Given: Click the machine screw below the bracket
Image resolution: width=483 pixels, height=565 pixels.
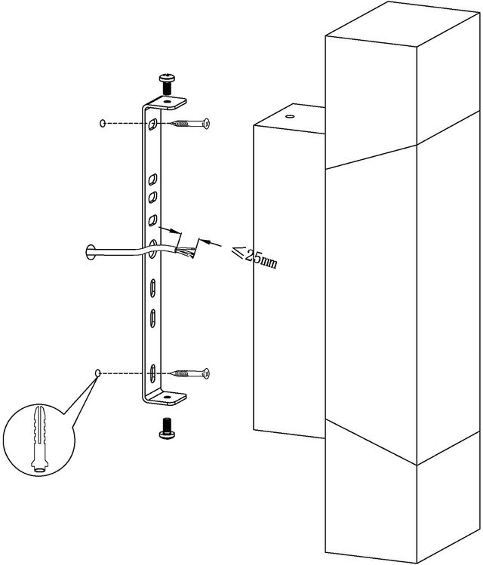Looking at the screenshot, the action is pos(167,428).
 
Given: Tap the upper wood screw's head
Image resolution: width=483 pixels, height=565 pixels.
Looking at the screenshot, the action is pos(206,124).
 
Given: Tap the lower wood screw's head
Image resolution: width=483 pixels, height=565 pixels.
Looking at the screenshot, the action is pos(206,373).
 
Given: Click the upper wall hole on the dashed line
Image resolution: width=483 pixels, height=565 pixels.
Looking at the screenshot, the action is pos(103,123).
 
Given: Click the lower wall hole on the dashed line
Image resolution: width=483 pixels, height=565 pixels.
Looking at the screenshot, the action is pos(97,373).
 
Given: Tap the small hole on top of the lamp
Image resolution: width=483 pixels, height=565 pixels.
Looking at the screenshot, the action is pos(290,117).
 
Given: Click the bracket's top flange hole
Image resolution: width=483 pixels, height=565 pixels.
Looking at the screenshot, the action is pos(167,102).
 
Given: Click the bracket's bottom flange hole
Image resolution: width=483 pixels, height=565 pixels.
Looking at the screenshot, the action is pos(167,397).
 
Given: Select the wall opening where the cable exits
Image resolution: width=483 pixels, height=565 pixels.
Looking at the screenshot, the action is pos(90,252).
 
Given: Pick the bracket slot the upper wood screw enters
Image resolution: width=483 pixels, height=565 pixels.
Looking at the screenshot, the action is pos(153,124).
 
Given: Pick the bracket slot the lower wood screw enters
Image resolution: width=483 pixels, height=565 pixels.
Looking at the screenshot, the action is pos(153,373).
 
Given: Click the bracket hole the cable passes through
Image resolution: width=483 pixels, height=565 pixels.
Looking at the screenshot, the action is pos(153,249).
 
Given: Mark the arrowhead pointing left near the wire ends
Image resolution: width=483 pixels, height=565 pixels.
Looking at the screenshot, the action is pos(204,241).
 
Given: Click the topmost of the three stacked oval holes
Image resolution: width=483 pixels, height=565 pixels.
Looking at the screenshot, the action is pos(153,180).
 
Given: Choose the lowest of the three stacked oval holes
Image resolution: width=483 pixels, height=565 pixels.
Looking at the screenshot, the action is pos(153,220).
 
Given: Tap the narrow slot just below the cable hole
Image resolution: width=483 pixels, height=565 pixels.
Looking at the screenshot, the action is pos(153,288).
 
